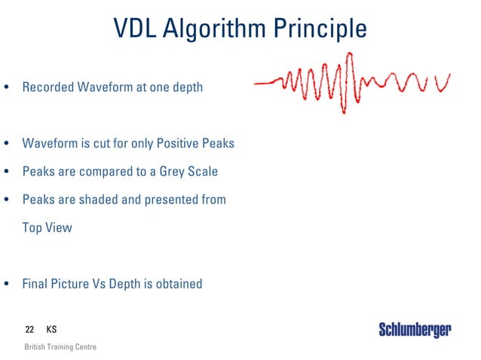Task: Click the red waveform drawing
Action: point(351,82)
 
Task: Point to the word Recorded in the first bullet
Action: point(47,87)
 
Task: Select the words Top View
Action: point(47,227)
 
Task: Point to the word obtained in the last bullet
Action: point(178,284)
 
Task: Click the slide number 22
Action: point(29,330)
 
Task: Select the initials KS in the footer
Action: point(51,330)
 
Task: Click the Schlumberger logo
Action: point(415,330)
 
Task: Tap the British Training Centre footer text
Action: point(60,347)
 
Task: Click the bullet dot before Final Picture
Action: point(7,285)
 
